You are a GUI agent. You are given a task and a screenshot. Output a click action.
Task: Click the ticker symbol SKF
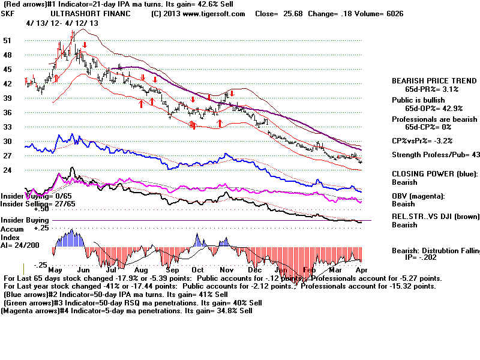[9, 13]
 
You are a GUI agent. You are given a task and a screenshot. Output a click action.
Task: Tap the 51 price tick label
[7, 40]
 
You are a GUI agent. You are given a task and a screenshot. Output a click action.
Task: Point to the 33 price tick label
[7, 127]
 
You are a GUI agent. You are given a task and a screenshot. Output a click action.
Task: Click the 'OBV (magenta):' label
[415, 196]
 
